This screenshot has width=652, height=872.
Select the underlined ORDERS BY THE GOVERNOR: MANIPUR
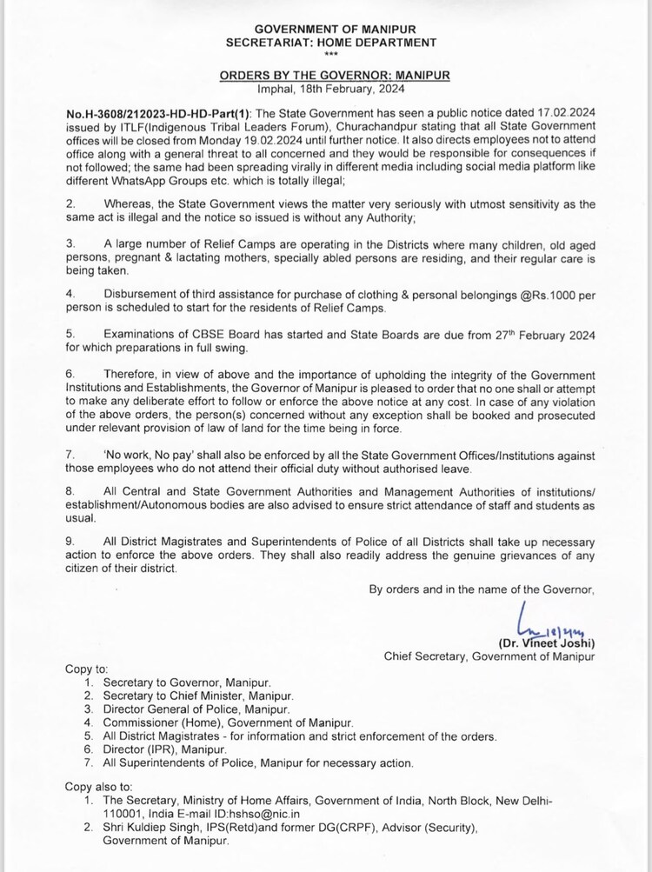(x=335, y=76)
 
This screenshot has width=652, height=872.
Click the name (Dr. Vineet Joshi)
(x=547, y=643)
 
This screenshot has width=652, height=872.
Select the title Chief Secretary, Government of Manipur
(x=489, y=656)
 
